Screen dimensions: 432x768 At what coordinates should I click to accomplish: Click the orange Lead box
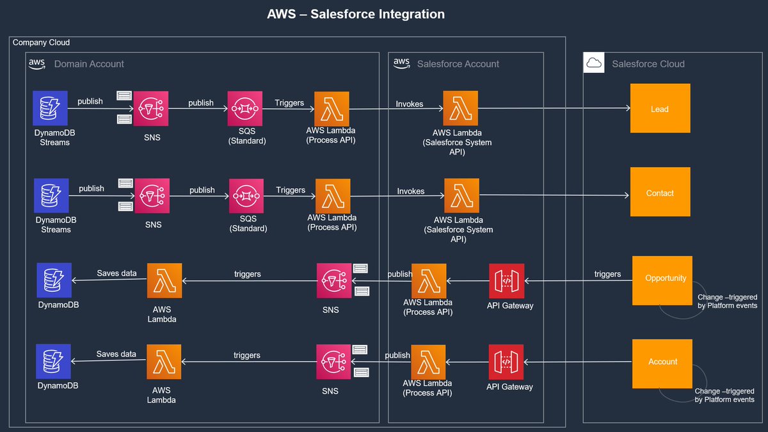[660, 109]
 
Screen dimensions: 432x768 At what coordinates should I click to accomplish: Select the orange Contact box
[660, 192]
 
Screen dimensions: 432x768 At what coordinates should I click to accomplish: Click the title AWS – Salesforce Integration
[356, 14]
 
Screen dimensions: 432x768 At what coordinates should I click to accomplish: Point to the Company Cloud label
[41, 42]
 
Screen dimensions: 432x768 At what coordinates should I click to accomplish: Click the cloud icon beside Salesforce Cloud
[594, 63]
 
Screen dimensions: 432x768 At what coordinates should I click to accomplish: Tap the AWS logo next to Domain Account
[36, 63]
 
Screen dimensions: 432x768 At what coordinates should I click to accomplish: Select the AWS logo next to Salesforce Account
[401, 63]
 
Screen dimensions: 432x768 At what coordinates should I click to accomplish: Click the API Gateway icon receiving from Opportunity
[506, 281]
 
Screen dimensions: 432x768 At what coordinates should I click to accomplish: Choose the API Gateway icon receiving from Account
[506, 362]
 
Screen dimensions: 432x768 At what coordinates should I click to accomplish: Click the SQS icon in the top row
[246, 109]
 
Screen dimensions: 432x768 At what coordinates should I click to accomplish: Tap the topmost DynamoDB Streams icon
[51, 108]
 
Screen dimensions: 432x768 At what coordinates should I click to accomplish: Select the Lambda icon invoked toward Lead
[461, 108]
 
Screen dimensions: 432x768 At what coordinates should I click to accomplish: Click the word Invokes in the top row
[410, 104]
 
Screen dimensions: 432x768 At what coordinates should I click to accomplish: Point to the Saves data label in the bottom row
[116, 354]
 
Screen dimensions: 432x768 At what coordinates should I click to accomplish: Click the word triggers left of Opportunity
[607, 274]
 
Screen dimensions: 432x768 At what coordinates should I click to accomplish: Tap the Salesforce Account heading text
[458, 64]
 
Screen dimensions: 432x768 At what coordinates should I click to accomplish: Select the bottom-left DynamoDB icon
[53, 362]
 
